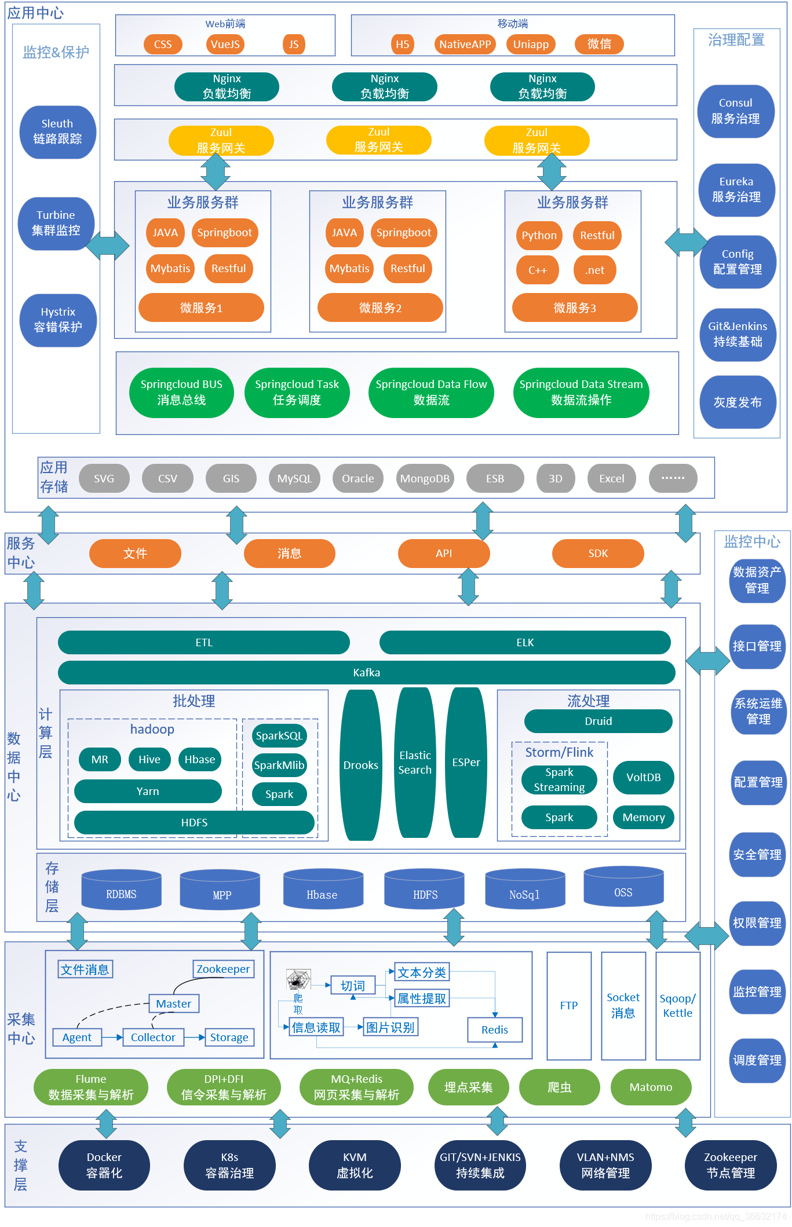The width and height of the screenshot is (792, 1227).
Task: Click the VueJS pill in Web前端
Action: [225, 44]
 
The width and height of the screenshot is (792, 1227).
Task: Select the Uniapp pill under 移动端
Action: [531, 44]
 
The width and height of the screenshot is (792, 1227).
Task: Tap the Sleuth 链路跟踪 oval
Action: [57, 131]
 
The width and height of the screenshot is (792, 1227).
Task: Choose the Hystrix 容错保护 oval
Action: [58, 320]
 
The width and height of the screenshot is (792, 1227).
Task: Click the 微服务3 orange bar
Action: [575, 307]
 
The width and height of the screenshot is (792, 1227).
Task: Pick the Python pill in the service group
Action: [539, 235]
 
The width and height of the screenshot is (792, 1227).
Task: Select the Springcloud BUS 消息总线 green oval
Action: [181, 392]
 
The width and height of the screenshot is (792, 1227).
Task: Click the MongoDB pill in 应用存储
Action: [425, 478]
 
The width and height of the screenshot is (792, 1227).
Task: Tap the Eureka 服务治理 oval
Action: [736, 189]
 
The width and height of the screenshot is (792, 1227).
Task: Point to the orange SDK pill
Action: [598, 553]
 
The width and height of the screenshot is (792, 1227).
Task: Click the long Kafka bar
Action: [367, 672]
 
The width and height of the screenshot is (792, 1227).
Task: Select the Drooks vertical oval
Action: [360, 765]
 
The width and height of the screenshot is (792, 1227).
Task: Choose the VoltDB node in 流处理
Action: [643, 777]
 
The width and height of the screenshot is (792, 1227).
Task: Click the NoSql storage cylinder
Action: [524, 889]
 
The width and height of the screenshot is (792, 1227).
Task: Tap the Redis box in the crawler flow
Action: [495, 1030]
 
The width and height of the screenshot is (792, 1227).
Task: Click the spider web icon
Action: [298, 979]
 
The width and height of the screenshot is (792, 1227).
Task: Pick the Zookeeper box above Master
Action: [223, 969]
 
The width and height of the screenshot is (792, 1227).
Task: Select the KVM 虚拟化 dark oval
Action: [355, 1165]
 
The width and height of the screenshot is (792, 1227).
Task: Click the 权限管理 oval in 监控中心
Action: [757, 923]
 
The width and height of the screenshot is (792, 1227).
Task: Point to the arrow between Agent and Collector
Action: [112, 1037]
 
